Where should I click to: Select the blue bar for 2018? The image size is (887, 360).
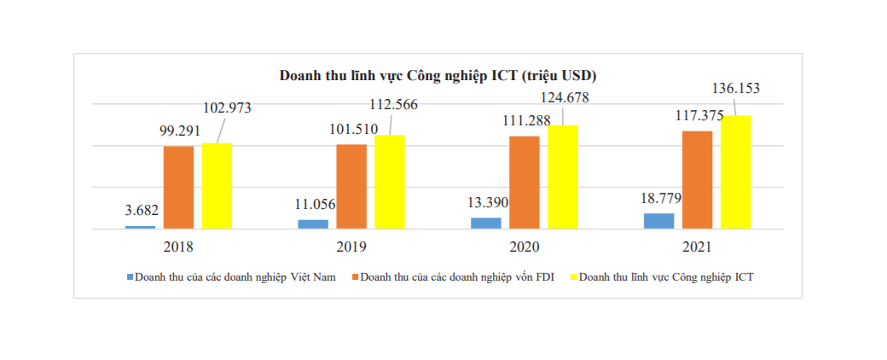(140, 226)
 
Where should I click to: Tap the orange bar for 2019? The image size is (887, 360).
(351, 186)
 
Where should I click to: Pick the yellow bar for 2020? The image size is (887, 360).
(563, 177)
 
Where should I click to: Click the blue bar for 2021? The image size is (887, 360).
(658, 220)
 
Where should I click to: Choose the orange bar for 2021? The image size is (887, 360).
(697, 179)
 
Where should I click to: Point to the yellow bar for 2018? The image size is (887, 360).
(217, 185)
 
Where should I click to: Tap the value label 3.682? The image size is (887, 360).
(142, 210)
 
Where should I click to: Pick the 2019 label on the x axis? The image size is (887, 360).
(351, 247)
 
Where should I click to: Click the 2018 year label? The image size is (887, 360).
(177, 247)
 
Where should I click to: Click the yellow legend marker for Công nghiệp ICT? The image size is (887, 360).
(574, 277)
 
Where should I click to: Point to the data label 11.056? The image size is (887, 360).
(315, 203)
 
